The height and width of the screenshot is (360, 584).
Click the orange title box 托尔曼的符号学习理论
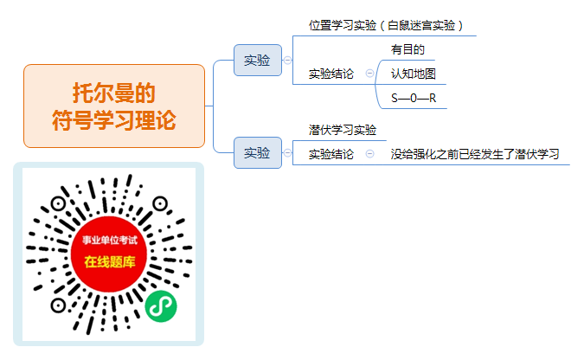114,106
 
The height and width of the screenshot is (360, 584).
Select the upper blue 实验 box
257,60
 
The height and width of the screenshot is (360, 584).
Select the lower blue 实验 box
257,153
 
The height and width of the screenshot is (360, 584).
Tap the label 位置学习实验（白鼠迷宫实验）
386,25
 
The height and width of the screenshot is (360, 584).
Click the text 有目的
408,49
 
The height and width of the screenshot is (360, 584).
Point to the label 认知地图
413,74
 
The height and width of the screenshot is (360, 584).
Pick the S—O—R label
414,98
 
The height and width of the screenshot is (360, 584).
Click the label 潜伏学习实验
343,130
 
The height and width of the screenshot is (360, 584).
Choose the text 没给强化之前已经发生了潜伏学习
475,154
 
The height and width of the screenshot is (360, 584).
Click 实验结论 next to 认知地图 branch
331,74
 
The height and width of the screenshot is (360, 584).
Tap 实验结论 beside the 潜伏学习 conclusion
331,154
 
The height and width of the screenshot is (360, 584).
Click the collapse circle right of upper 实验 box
287,60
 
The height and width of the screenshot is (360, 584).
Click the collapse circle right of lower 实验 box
287,153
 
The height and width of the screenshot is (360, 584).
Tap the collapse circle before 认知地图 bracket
369,73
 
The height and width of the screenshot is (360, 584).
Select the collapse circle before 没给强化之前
369,153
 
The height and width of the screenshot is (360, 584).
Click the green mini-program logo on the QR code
161,306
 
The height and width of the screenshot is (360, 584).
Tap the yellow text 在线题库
110,261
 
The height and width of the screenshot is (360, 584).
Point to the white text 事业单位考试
110,240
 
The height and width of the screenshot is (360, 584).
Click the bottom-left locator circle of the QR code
58,305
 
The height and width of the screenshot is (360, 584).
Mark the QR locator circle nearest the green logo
160,204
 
